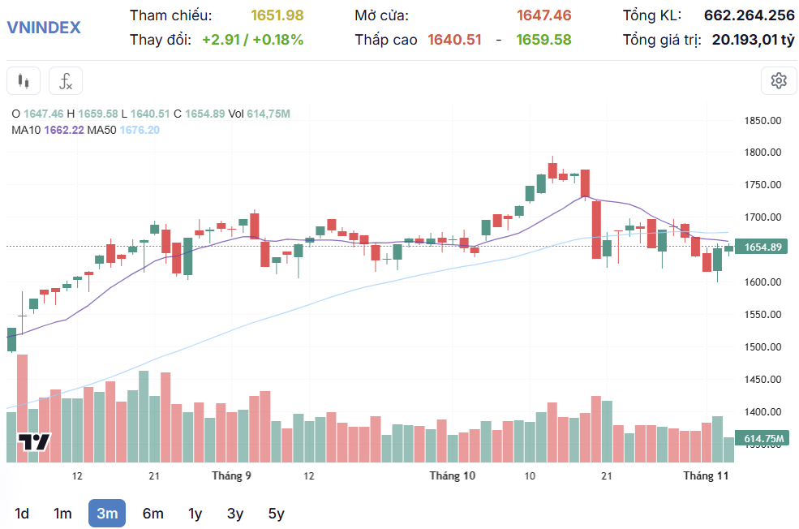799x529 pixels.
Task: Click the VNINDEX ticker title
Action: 44,27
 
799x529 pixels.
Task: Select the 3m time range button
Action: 107,513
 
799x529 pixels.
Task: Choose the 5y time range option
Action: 277,513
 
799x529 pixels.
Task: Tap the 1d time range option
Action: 22,513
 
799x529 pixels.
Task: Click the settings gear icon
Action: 779,80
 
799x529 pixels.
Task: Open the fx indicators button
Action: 66,80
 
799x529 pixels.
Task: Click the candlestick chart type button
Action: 24,80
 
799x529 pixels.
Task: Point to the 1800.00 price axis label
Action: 762,153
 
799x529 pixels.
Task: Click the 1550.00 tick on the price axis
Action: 762,315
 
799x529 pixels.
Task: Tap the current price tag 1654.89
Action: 762,247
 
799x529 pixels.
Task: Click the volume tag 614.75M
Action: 764,439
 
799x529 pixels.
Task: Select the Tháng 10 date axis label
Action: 452,476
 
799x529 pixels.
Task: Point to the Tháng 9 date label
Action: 231,476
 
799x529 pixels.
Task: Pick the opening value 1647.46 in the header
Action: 543,15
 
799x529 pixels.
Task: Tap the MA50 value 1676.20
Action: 140,130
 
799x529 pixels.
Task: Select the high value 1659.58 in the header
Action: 543,39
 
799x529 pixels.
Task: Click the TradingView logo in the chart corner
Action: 35,443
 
